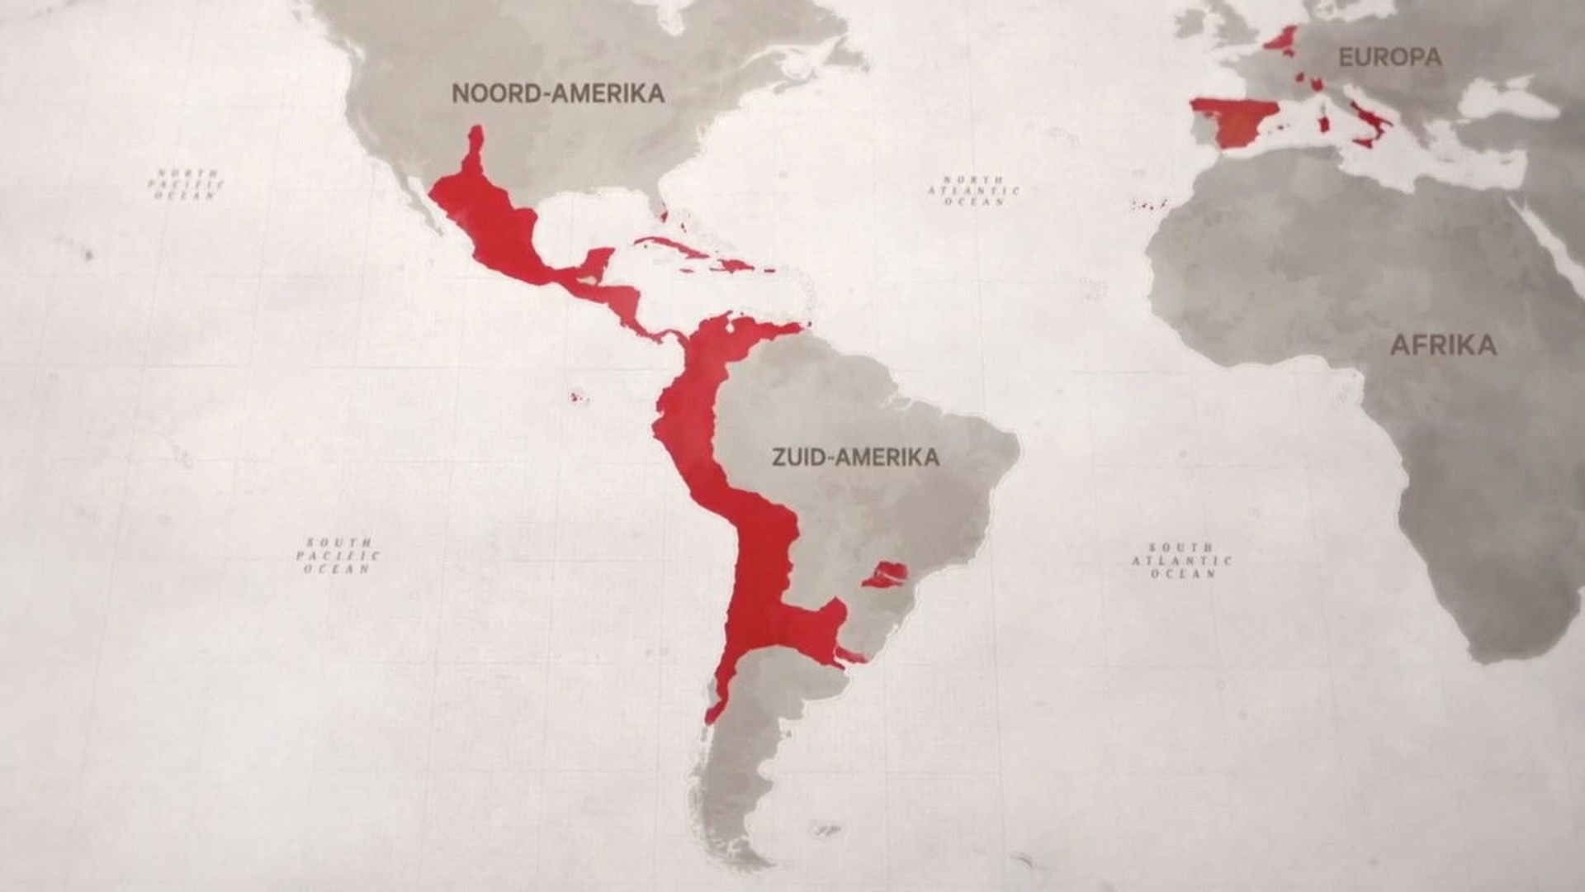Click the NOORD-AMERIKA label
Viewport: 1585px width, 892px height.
click(x=558, y=93)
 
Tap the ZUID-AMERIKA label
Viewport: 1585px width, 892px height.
click(x=855, y=457)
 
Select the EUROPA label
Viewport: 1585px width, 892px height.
click(x=1389, y=57)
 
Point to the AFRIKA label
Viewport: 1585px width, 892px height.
click(x=1443, y=344)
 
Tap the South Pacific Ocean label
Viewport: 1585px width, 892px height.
click(x=338, y=556)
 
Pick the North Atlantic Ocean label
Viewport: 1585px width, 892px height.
click(x=974, y=190)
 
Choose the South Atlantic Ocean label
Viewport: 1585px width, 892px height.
click(x=1181, y=560)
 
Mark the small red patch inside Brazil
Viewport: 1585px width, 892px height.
click(x=887, y=573)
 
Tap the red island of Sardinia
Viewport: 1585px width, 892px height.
click(x=1325, y=124)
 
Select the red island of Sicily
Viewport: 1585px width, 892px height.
click(x=1363, y=143)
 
